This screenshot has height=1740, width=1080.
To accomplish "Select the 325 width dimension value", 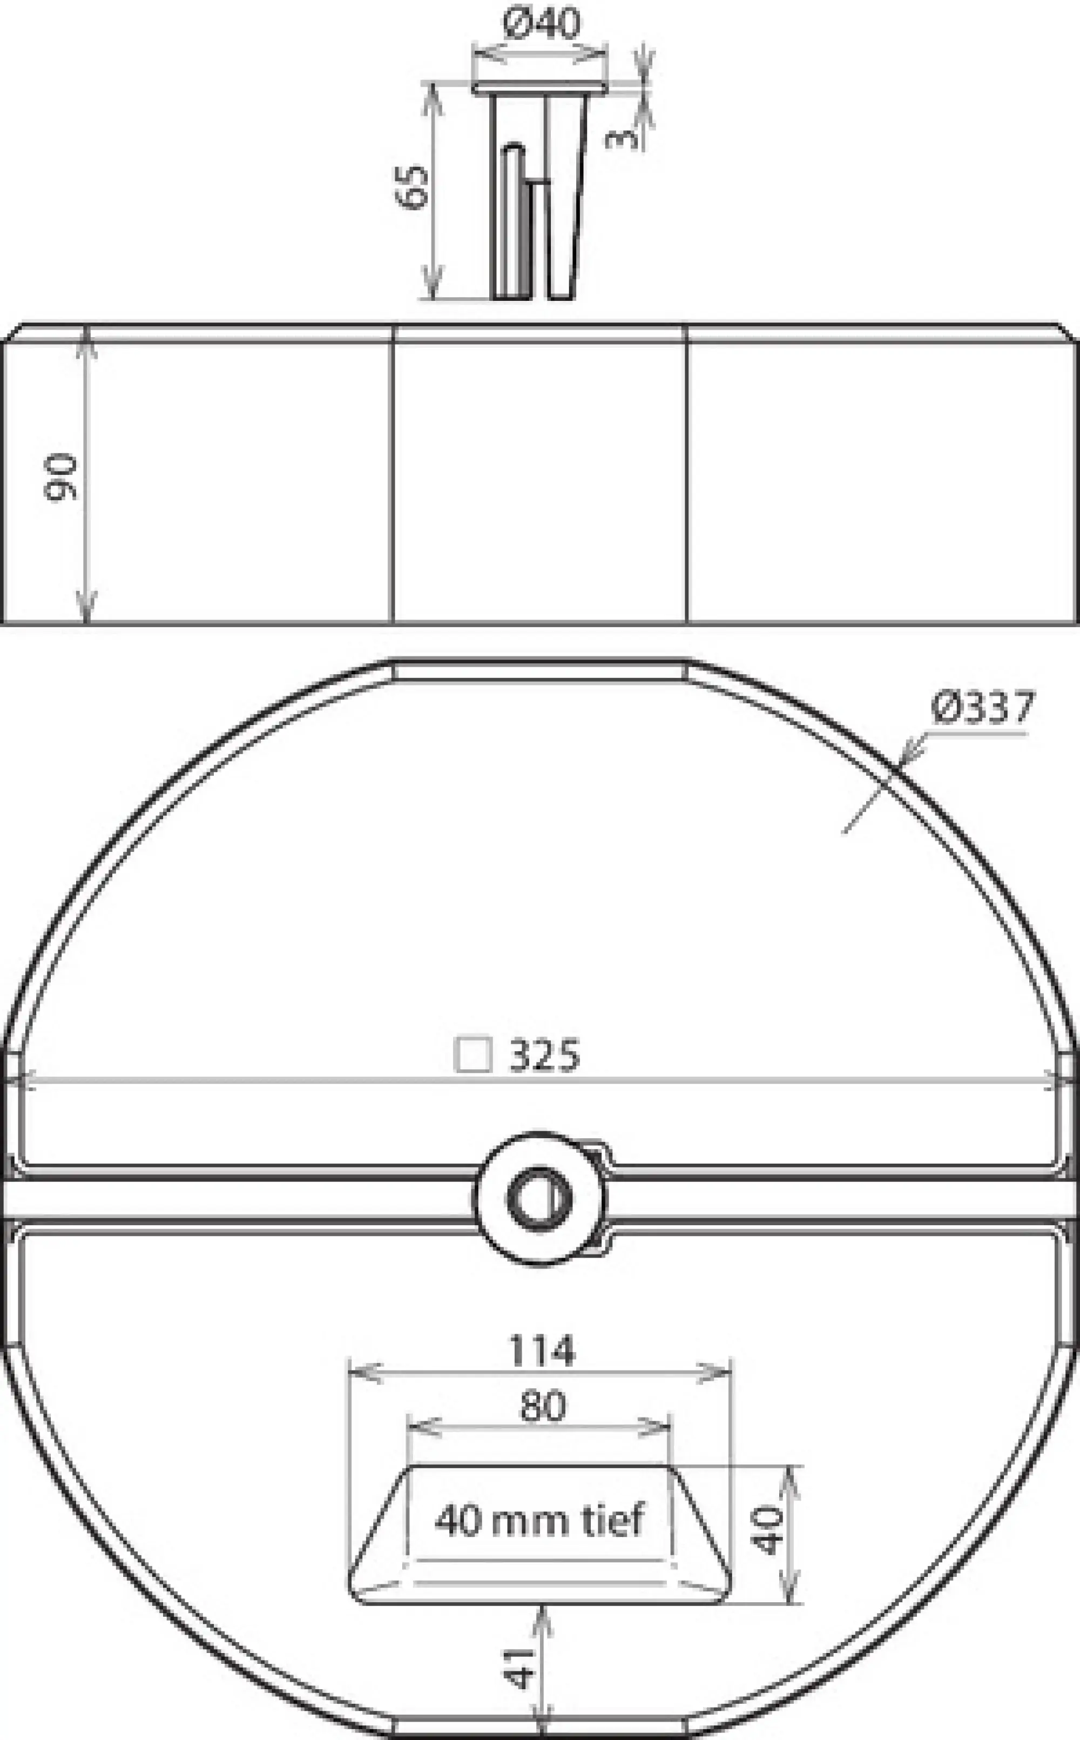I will [x=544, y=1056].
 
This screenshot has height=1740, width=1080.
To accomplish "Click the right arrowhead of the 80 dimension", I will [x=657, y=1428].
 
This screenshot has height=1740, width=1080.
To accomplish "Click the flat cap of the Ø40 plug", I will [x=540, y=87].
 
